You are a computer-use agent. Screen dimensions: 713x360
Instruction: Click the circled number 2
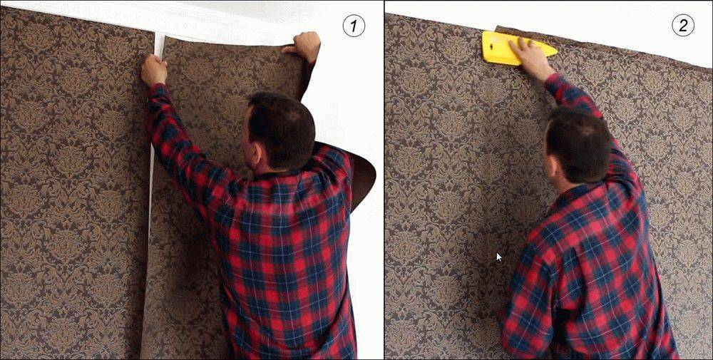[682, 25]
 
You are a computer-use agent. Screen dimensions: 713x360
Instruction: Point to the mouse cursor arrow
[499, 257]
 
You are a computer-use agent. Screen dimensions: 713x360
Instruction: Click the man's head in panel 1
[279, 132]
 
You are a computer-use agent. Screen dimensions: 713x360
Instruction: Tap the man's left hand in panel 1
[154, 71]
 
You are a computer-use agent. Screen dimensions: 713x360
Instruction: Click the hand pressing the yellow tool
[530, 58]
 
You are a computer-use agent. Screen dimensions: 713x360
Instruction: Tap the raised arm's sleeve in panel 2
[591, 118]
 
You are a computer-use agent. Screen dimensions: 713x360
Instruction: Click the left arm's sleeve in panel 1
[191, 150]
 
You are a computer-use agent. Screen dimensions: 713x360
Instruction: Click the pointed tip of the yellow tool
[557, 51]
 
